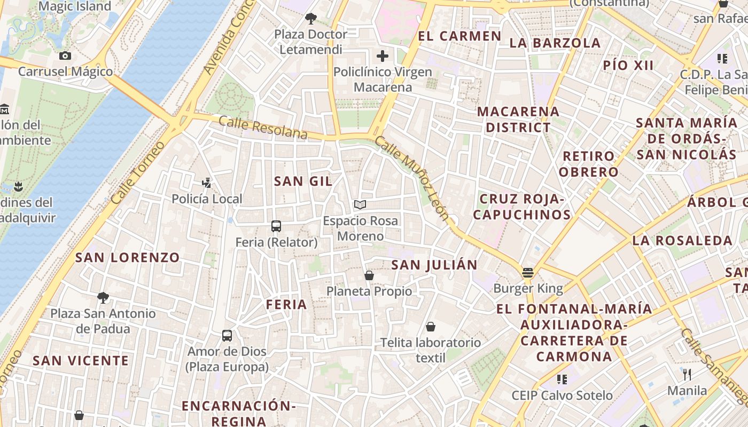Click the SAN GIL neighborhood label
coord(303,181)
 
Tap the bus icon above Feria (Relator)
coord(276,226)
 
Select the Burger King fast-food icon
coord(528,273)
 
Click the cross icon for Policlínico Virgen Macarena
coord(383,56)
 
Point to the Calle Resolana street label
coord(263,128)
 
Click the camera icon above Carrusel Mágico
coord(65,56)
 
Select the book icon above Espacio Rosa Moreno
coord(360,204)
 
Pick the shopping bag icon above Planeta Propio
coord(369,275)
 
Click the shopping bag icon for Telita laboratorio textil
coord(431,326)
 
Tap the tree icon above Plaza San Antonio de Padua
coord(103,297)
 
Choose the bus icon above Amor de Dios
coord(227,336)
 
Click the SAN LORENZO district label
coord(127,257)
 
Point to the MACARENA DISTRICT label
coord(518,120)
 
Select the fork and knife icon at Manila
coord(687,375)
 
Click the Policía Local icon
coord(206,183)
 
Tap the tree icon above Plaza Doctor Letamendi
coord(310,19)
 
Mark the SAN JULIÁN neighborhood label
coord(434,265)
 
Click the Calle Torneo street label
coord(138,173)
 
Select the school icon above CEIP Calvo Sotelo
coord(562,379)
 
